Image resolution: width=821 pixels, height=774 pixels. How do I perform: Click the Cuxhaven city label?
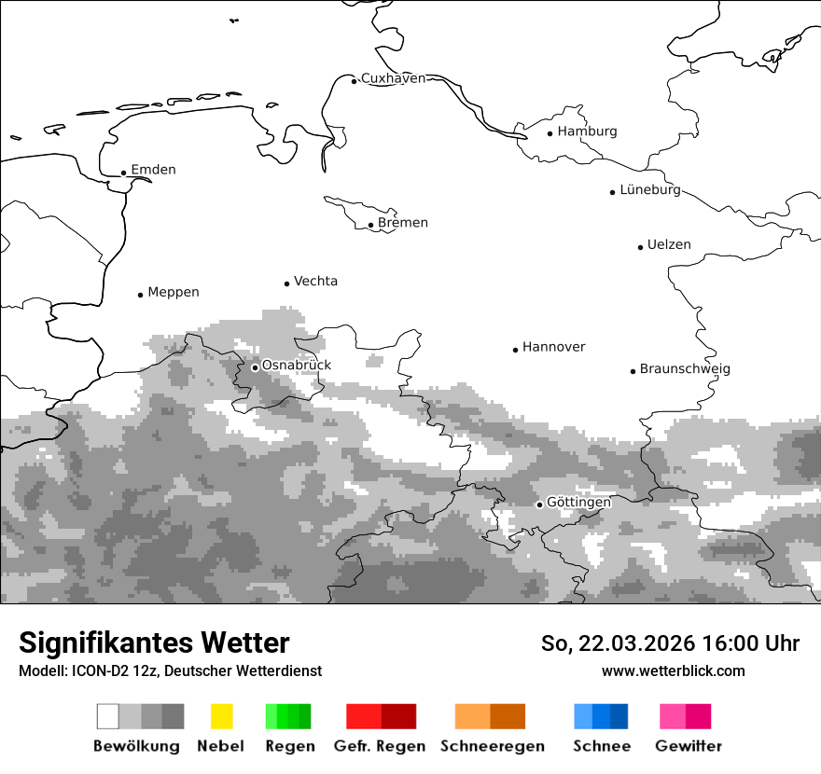[393, 78]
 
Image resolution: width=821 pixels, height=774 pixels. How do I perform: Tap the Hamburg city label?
[587, 131]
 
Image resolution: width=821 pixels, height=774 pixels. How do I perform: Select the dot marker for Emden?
[123, 173]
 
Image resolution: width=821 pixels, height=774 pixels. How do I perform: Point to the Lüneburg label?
[650, 190]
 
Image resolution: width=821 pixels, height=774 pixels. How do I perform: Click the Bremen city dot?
[370, 225]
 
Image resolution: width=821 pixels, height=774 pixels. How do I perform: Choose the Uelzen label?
[669, 245]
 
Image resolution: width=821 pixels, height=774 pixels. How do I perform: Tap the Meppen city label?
[174, 293]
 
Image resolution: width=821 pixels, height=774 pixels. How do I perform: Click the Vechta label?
[315, 282]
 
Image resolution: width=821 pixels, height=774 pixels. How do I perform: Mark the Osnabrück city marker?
[255, 367]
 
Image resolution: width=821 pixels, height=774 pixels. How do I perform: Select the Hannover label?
[553, 348]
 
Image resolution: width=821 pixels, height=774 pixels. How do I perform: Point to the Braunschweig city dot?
[633, 371]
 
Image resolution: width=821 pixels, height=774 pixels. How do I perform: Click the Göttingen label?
[578, 503]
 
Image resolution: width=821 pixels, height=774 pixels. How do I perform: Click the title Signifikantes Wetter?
[154, 643]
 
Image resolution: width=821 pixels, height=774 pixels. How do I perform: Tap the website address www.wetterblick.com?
[673, 671]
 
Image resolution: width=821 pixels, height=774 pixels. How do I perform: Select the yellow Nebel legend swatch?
[221, 716]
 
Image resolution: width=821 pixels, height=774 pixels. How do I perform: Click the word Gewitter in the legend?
[689, 746]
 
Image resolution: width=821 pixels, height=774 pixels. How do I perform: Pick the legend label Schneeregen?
[493, 746]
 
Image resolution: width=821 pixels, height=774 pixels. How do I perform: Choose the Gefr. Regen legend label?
[380, 746]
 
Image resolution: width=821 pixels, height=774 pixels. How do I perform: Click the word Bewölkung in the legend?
[136, 746]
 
